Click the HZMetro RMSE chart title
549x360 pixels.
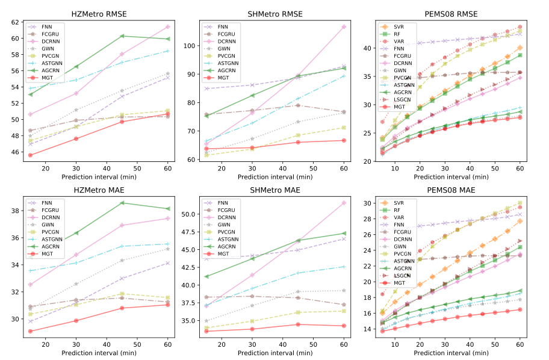point(99,14)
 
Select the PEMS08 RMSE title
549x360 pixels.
point(451,14)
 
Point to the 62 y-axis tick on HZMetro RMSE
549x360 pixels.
point(14,22)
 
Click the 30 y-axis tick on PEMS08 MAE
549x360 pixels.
point(366,203)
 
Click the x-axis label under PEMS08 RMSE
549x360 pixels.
point(451,176)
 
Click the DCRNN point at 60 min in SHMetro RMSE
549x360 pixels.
point(344,27)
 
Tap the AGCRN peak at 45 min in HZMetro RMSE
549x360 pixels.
point(122,36)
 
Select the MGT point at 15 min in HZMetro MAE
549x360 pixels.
point(30,331)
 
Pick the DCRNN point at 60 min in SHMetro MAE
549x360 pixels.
point(344,203)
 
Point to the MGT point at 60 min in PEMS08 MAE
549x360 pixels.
point(520,309)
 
